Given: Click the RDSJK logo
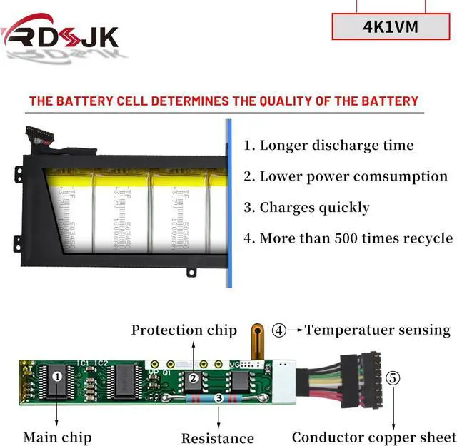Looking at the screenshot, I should click(60, 34).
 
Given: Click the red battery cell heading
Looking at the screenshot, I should click(224, 101).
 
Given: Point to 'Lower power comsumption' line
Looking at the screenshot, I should click(346, 176).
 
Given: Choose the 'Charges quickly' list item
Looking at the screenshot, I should click(306, 208).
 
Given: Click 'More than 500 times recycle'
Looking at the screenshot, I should click(348, 238).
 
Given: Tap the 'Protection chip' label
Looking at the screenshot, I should click(184, 330).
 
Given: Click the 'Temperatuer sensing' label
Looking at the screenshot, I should click(378, 330).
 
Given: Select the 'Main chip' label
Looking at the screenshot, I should click(57, 437).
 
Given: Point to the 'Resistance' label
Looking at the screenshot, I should click(217, 438).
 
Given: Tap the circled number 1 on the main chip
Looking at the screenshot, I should click(59, 375).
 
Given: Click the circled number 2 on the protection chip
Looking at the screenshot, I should click(192, 379).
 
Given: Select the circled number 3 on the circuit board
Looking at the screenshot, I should click(217, 400).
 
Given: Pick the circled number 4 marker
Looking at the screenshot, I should click(279, 330).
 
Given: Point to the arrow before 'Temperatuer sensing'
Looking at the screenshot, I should click(296, 330).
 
